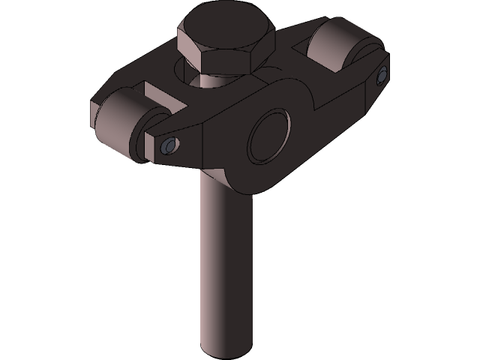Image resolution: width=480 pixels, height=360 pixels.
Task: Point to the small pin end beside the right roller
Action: pyautogui.click(x=382, y=74)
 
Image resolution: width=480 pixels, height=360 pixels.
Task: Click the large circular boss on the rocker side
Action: pyautogui.click(x=271, y=135)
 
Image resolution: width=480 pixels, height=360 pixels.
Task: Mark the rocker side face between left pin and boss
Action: pyautogui.click(x=217, y=142)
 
